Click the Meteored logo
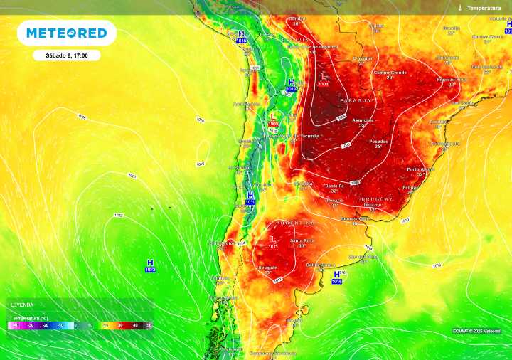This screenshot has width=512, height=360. coord(67,33)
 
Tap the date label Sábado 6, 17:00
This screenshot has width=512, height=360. coord(66,55)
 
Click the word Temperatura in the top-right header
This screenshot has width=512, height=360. coord(484,7)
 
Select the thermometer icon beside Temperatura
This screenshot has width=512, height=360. coord(460,7)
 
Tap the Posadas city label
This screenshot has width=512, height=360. coord(379,142)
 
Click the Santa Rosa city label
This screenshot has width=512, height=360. coord(302,240)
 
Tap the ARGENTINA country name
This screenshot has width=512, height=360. coord(299,222)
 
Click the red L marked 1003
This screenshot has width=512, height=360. coord(324,76)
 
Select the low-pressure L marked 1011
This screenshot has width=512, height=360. coord(274,239)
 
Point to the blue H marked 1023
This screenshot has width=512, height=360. coord(150,263)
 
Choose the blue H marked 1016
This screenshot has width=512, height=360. coord(336,274)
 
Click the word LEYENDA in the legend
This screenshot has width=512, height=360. coord(21,305)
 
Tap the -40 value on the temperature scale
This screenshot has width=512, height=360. coord(15,324)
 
